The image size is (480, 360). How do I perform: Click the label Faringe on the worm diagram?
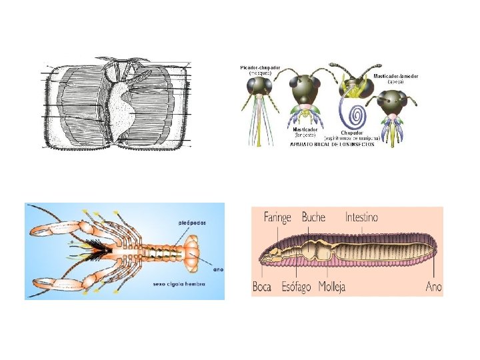pos(278,217)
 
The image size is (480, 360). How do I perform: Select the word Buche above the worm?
pos(313,217)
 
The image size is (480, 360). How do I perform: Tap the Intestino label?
pos(361,217)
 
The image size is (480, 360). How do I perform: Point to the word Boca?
pos(262,287)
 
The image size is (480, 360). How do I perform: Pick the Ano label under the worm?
pos(433,287)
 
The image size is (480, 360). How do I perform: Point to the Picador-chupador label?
pos(260,67)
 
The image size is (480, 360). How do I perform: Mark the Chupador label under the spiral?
pos(351,132)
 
